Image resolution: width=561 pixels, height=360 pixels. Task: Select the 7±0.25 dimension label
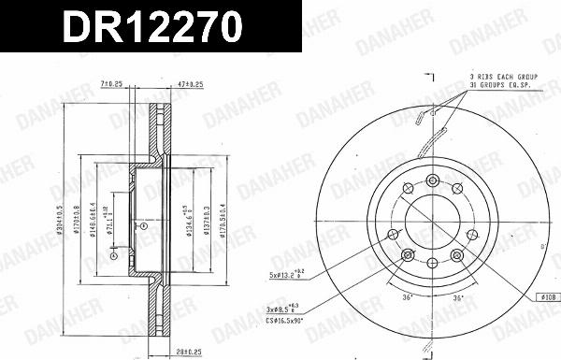click(x=112, y=84)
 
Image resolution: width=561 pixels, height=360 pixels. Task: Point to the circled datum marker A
click(x=113, y=254)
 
